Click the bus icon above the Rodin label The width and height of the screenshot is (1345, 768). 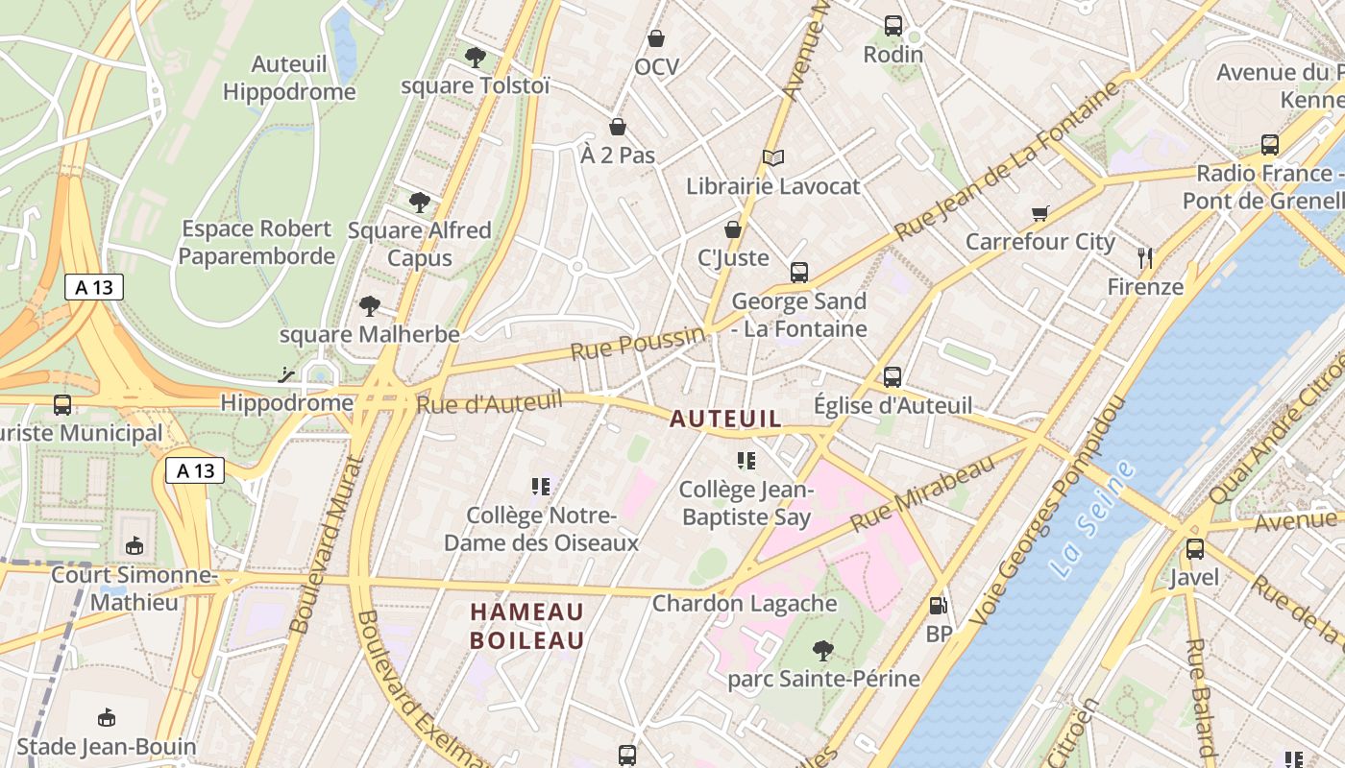tap(893, 26)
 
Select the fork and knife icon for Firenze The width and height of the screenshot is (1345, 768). tap(1144, 257)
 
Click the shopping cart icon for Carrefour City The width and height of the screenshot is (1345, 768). tap(1039, 213)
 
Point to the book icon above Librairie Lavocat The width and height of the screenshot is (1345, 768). tap(773, 157)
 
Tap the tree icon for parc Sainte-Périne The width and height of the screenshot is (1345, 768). tap(823, 651)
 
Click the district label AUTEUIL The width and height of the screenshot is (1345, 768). tap(725, 419)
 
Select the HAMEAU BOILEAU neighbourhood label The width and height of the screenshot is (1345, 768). tap(527, 626)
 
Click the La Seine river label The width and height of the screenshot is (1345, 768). tap(1092, 519)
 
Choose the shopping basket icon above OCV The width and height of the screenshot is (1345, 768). tap(656, 38)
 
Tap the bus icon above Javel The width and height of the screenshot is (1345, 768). tap(1195, 549)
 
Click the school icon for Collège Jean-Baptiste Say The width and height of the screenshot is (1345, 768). tap(746, 461)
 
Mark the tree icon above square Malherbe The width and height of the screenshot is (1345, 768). tap(370, 306)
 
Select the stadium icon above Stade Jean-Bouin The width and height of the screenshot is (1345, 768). tap(107, 717)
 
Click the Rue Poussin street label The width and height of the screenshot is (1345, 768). tap(638, 343)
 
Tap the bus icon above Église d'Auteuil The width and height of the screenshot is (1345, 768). tap(893, 376)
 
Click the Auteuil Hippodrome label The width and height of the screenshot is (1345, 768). tap(288, 78)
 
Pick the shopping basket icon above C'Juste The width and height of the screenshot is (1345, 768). tap(733, 229)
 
